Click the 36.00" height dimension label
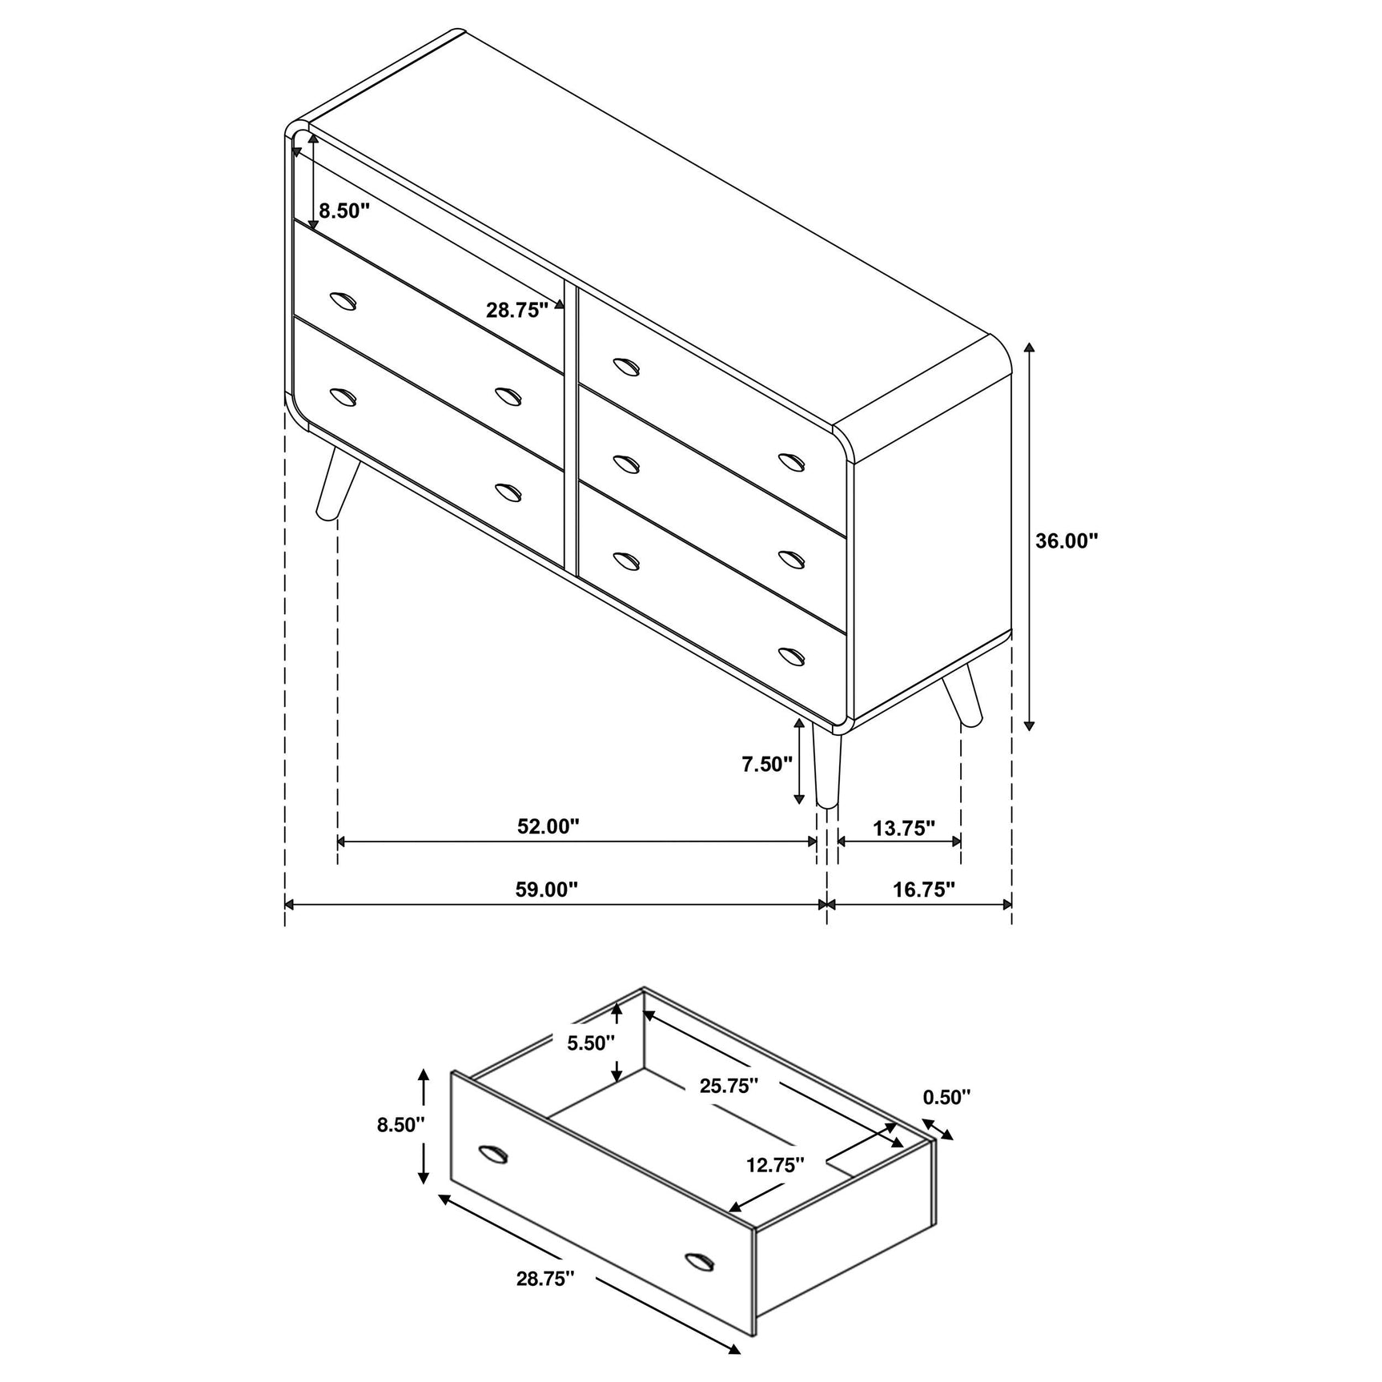1066,541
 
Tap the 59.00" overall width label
547,890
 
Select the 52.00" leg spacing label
548,826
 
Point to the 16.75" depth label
924,890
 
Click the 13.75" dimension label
904,828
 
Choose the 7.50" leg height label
766,764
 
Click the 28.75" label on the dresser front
516,311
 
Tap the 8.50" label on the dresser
344,211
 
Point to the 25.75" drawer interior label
729,1086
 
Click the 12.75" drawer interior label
775,1165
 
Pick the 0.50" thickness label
946,1097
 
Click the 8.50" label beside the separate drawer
401,1125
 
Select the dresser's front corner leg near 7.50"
826,765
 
